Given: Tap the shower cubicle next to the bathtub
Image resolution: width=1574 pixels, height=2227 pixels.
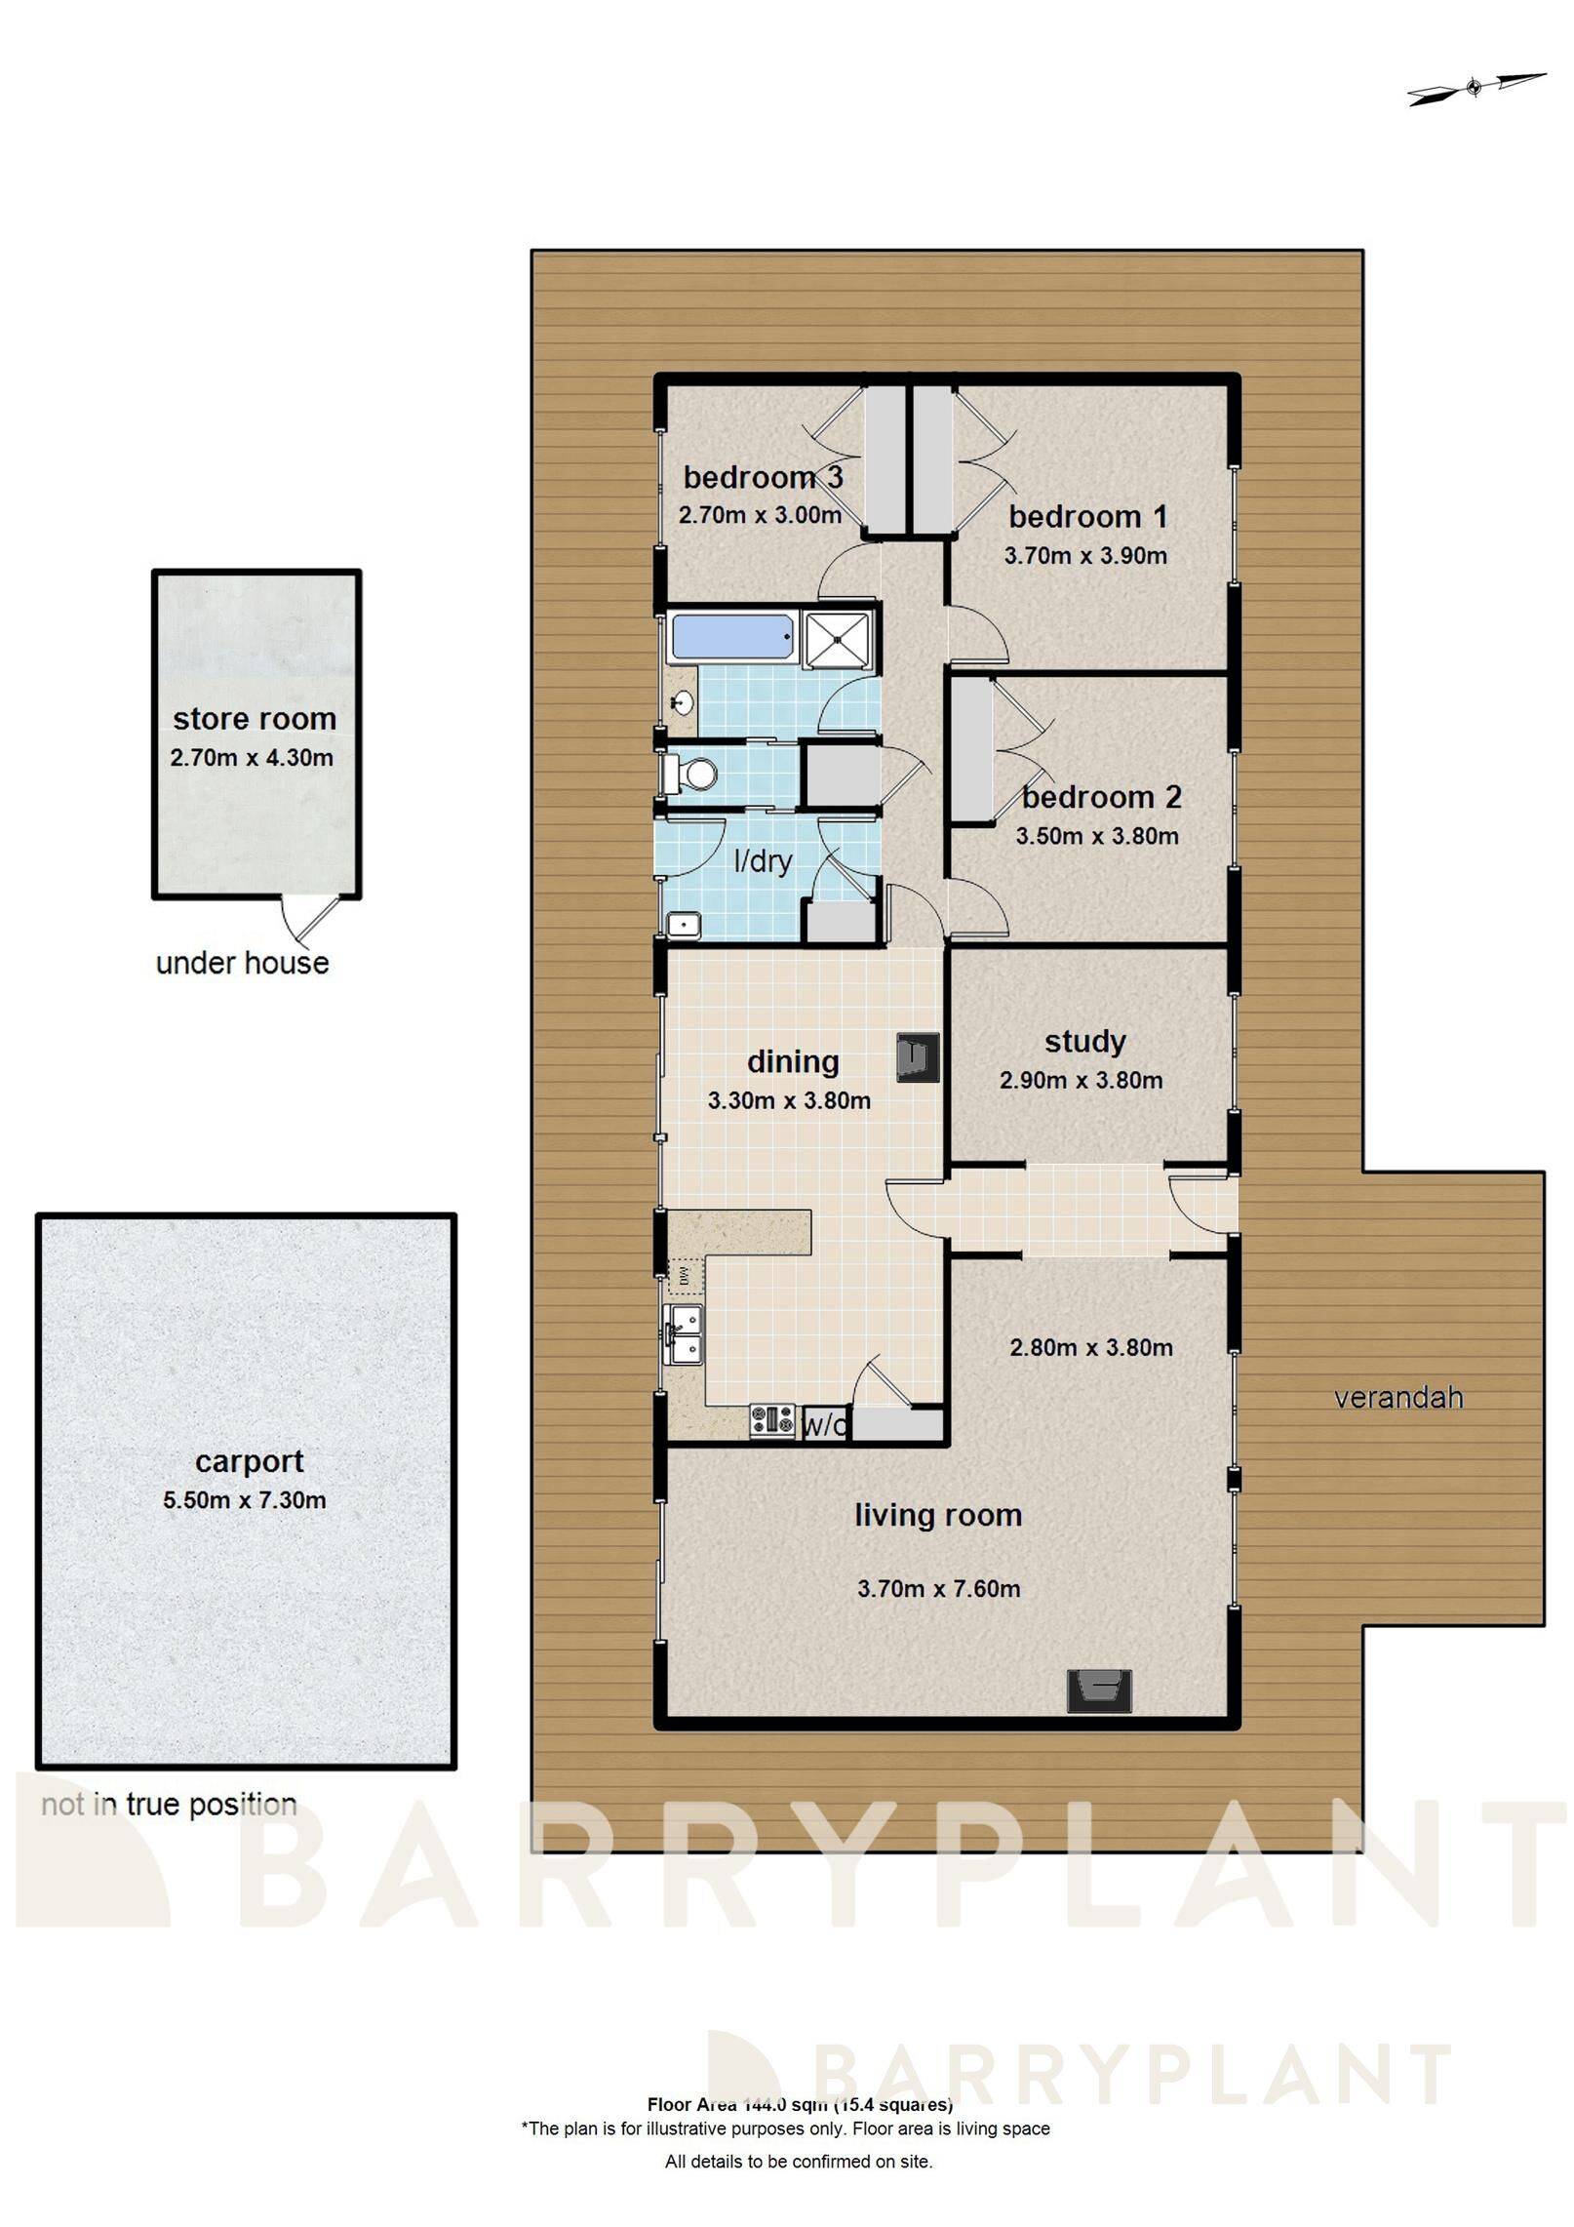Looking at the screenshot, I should click(837, 639).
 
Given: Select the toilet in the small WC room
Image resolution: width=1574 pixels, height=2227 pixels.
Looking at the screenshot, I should click(691, 775).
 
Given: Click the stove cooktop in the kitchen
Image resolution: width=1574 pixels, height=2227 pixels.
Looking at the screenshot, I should click(772, 1420).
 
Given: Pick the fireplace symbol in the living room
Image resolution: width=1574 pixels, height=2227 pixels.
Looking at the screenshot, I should click(1099, 1690).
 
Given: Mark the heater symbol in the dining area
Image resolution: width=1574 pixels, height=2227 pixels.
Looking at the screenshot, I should click(918, 1057).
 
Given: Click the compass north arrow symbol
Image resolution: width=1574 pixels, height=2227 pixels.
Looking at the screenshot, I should click(1476, 88).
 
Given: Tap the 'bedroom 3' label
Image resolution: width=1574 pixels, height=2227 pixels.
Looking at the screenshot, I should click(762, 477).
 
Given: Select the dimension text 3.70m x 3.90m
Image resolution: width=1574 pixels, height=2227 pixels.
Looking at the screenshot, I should click(1085, 556).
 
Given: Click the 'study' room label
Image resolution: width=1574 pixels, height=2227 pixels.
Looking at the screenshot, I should click(1084, 1042).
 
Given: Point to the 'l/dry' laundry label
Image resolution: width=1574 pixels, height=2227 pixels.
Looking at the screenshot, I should click(763, 861).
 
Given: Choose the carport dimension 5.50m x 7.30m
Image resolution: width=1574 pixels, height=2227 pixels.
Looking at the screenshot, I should click(244, 1499).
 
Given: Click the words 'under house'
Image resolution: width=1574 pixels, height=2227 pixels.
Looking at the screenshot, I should click(242, 963).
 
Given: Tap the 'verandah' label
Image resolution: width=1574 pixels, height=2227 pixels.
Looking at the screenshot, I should click(1398, 1398).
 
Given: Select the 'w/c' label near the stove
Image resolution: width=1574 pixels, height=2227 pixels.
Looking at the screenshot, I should click(824, 1426).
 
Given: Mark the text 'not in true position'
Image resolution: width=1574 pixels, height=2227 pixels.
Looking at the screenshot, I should click(169, 1805).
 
